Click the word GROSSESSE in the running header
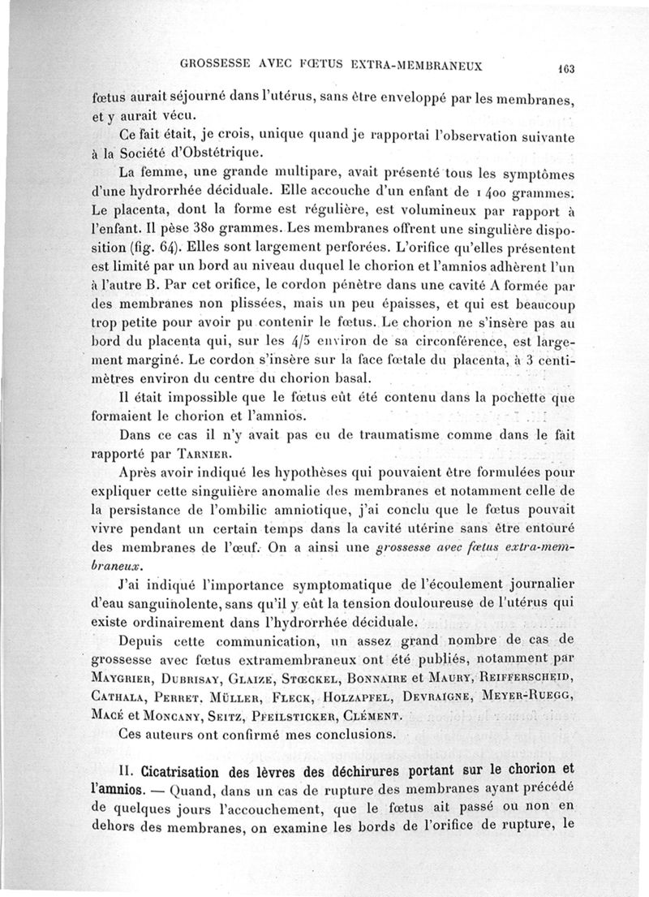(215, 63)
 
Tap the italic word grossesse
(412, 549)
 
